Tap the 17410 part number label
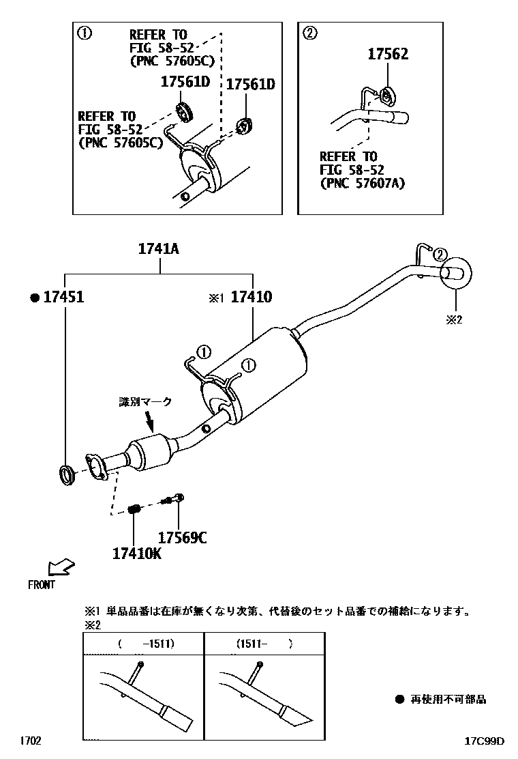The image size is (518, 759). click(251, 297)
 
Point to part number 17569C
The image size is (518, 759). click(182, 538)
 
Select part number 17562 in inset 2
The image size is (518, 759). click(388, 55)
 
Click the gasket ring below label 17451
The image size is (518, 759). click(65, 474)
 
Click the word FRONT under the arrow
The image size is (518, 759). click(42, 584)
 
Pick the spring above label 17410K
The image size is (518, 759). click(134, 508)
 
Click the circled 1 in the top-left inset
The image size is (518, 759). click(85, 33)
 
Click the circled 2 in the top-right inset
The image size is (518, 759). click(309, 33)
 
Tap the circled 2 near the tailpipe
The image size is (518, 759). click(440, 255)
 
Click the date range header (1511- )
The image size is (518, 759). click(264, 644)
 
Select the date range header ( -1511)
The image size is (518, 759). click(145, 644)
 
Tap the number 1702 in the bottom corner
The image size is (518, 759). click(30, 741)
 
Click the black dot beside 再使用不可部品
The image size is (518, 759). click(399, 700)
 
